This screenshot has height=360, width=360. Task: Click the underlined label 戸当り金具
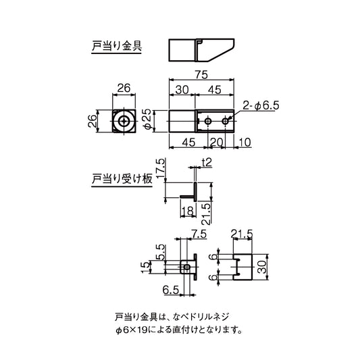116,48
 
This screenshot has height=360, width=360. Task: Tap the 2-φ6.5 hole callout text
261,106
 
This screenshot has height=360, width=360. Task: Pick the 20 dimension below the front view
216,142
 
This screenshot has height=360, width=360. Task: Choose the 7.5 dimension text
199,234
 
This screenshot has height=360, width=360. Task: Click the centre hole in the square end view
124,122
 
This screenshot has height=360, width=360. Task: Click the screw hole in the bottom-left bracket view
187,267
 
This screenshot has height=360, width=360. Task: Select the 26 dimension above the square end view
124,87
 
